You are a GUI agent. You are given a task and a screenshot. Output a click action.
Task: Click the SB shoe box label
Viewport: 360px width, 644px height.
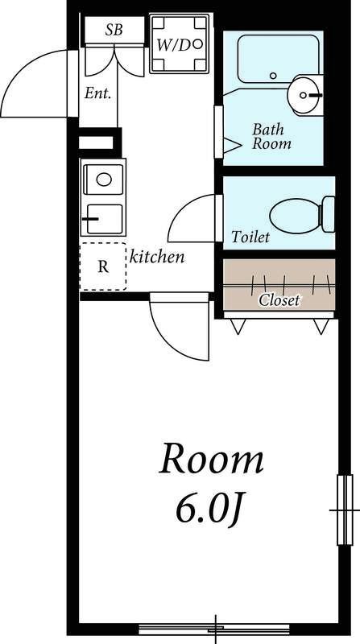(114, 30)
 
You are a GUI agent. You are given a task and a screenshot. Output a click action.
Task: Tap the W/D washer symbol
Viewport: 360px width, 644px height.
(179, 43)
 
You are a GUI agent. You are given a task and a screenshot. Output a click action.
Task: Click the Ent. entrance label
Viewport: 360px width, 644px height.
(97, 93)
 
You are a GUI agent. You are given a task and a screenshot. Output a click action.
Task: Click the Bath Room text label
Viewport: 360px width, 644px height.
(271, 136)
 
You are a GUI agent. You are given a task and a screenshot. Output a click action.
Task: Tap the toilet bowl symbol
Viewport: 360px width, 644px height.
(302, 215)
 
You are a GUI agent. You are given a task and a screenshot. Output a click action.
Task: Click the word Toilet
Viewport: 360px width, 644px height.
(250, 237)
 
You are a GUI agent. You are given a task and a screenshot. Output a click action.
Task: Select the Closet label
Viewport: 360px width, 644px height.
(279, 300)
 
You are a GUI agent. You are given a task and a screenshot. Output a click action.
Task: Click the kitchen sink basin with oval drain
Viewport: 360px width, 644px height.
(104, 180)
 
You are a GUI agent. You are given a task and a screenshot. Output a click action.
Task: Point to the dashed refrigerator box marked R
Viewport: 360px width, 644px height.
(103, 266)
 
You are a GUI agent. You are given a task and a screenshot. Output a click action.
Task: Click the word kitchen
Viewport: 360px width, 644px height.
(157, 257)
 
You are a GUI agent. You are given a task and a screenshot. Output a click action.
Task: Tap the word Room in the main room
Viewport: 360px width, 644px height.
(211, 459)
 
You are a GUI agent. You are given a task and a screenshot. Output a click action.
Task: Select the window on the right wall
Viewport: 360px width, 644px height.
(345, 510)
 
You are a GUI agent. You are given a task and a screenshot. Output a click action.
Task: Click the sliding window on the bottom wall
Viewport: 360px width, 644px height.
(214, 629)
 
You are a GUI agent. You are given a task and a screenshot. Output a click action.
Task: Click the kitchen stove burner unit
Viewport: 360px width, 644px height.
(105, 219)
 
